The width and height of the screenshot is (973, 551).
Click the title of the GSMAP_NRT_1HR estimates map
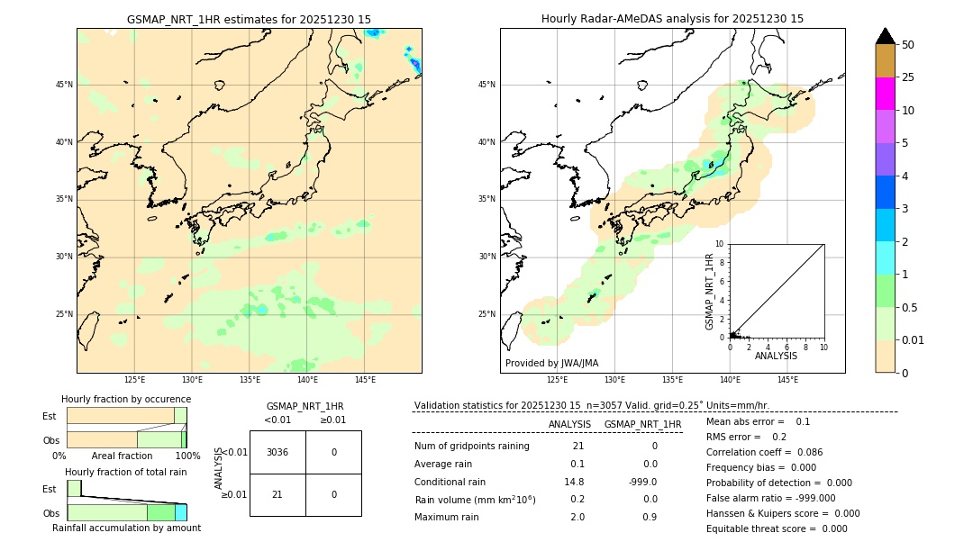coord(249,19)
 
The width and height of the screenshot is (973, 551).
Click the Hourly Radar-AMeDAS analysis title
coord(672,19)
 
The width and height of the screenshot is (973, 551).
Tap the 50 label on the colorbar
coord(908,45)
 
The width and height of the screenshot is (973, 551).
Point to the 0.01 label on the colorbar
coord(913,340)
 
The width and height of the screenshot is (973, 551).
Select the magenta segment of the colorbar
coord(885,94)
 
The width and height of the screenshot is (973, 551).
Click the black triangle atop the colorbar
coord(885,36)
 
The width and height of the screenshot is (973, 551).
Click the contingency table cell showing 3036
coord(277,452)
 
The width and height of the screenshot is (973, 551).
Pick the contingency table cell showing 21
coord(277,494)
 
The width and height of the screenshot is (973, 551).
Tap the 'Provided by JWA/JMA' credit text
coord(551,363)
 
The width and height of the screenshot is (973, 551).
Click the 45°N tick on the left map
coord(64,85)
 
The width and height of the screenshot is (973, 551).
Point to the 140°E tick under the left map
coord(307,380)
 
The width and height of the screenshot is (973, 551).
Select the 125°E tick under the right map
coord(558,380)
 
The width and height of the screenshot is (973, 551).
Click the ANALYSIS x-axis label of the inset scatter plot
coord(776,356)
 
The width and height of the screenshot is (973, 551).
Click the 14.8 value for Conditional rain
coord(574,482)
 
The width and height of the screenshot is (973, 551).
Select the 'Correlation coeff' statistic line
coord(764,452)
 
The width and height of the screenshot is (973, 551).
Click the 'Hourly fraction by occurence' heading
coord(126,399)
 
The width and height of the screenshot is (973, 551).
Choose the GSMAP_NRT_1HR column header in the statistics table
coord(642,424)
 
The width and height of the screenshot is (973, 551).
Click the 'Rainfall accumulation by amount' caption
coord(126,528)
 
